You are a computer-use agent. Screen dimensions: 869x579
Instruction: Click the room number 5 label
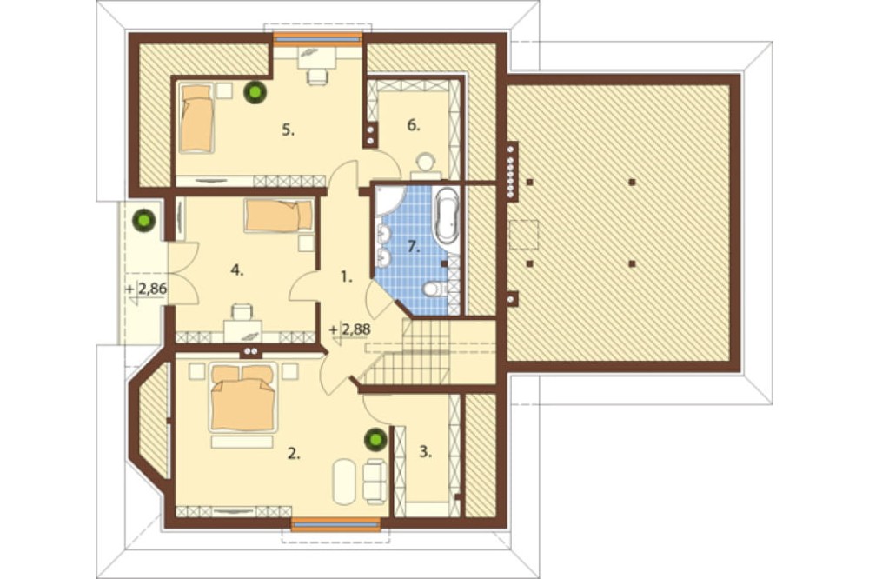(288, 130)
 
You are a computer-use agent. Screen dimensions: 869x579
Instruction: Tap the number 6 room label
(414, 125)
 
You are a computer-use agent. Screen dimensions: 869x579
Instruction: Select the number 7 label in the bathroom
(414, 247)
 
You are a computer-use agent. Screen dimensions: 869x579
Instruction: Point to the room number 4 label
(236, 270)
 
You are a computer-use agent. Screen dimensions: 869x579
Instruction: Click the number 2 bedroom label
(293, 454)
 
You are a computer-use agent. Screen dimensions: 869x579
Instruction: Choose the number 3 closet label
(425, 452)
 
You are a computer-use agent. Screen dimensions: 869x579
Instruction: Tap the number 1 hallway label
(347, 276)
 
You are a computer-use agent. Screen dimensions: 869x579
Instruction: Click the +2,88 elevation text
(350, 329)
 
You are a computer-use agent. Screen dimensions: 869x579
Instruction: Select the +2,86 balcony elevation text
(147, 289)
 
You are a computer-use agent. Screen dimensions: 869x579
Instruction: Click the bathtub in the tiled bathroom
(446, 216)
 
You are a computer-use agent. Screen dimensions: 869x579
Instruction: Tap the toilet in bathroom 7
(436, 289)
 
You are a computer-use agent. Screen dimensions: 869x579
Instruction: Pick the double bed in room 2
(242, 397)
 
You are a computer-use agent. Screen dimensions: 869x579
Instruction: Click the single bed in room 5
(196, 117)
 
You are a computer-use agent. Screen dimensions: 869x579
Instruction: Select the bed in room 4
(279, 216)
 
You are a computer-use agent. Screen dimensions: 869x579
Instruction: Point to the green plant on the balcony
(144, 221)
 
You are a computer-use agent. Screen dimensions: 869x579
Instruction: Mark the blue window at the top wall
(317, 39)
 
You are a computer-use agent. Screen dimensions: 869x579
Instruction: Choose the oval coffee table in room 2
(344, 481)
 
